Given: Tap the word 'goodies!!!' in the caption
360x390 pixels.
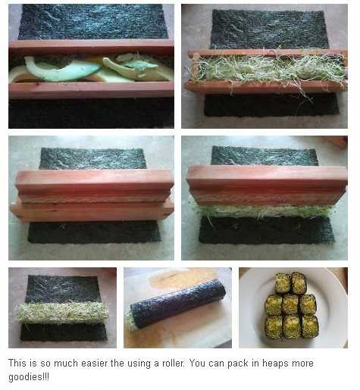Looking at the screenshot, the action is pos(29,377).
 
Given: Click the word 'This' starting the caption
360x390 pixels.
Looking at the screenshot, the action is pos(17,363).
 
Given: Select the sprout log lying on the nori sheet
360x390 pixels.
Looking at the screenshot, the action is pos(63,313).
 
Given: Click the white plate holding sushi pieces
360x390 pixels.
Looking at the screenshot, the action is pos(293,307).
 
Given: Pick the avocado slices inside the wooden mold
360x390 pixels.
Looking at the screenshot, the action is pos(91,69).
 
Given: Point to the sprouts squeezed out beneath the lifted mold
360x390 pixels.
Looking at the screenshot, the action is pos(263,211).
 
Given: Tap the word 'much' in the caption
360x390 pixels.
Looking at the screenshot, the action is pos(62,363).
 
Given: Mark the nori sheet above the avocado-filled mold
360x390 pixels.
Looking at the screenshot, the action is pos(93,22).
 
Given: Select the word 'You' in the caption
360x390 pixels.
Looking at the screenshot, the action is pos(197,363).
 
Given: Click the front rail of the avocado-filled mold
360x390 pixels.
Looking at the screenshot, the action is pos(91,90).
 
